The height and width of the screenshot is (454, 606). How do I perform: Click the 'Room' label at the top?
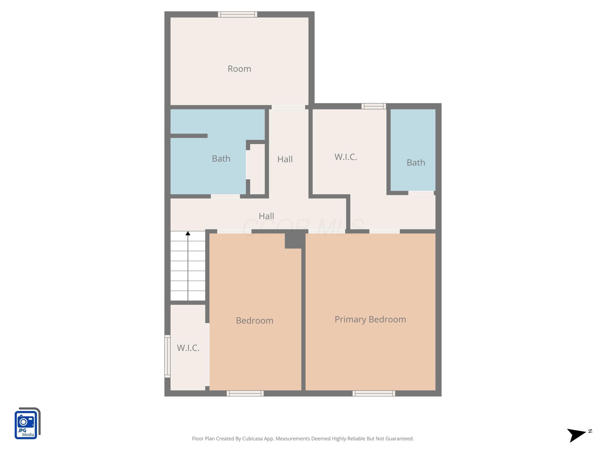pyautogui.click(x=239, y=69)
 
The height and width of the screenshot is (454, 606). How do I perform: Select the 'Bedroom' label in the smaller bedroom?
pyautogui.click(x=255, y=320)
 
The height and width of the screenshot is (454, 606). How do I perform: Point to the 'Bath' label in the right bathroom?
pyautogui.click(x=416, y=163)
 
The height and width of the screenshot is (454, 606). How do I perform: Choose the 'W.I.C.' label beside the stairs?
pyautogui.click(x=188, y=348)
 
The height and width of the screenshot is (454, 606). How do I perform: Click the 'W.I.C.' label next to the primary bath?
pyautogui.click(x=346, y=157)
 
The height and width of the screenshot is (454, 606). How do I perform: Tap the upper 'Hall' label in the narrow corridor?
pyautogui.click(x=285, y=159)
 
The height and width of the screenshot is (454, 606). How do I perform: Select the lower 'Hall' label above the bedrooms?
pyautogui.click(x=266, y=216)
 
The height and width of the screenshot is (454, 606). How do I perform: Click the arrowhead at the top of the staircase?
pyautogui.click(x=188, y=233)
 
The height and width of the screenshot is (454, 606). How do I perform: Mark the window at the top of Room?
pyautogui.click(x=238, y=14)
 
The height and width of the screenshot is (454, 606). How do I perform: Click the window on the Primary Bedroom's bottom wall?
pyautogui.click(x=374, y=393)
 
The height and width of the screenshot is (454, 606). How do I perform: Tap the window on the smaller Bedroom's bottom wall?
pyautogui.click(x=245, y=393)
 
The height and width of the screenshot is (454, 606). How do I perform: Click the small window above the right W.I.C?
pyautogui.click(x=374, y=106)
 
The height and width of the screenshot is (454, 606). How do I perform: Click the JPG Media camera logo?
pyautogui.click(x=27, y=423)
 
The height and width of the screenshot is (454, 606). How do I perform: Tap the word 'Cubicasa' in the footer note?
pyautogui.click(x=252, y=438)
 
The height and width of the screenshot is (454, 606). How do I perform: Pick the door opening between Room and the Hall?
pyautogui.click(x=288, y=107)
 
